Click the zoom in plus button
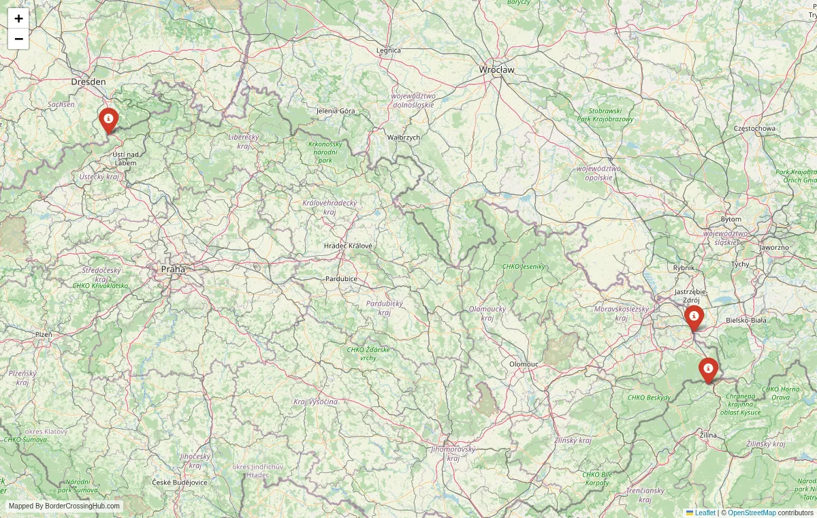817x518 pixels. tap(18, 18)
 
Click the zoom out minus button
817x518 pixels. tap(18, 39)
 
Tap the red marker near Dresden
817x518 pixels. tap(108, 120)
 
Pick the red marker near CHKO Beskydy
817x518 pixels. tap(708, 370)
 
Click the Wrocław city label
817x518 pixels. tap(497, 69)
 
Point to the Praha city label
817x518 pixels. tap(173, 270)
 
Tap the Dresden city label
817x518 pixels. tap(89, 82)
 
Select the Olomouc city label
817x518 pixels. tap(524, 364)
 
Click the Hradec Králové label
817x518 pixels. tap(348, 245)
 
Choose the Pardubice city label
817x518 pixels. tap(341, 278)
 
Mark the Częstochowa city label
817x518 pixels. tap(754, 128)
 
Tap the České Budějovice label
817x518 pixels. tap(179, 482)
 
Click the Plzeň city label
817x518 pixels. tap(44, 334)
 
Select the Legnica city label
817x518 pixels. tap(389, 50)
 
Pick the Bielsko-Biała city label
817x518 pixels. tap(746, 319)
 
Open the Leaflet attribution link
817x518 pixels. tap(705, 513)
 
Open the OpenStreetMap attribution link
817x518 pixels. tap(752, 513)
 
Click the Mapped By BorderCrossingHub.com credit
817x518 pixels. tap(65, 506)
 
